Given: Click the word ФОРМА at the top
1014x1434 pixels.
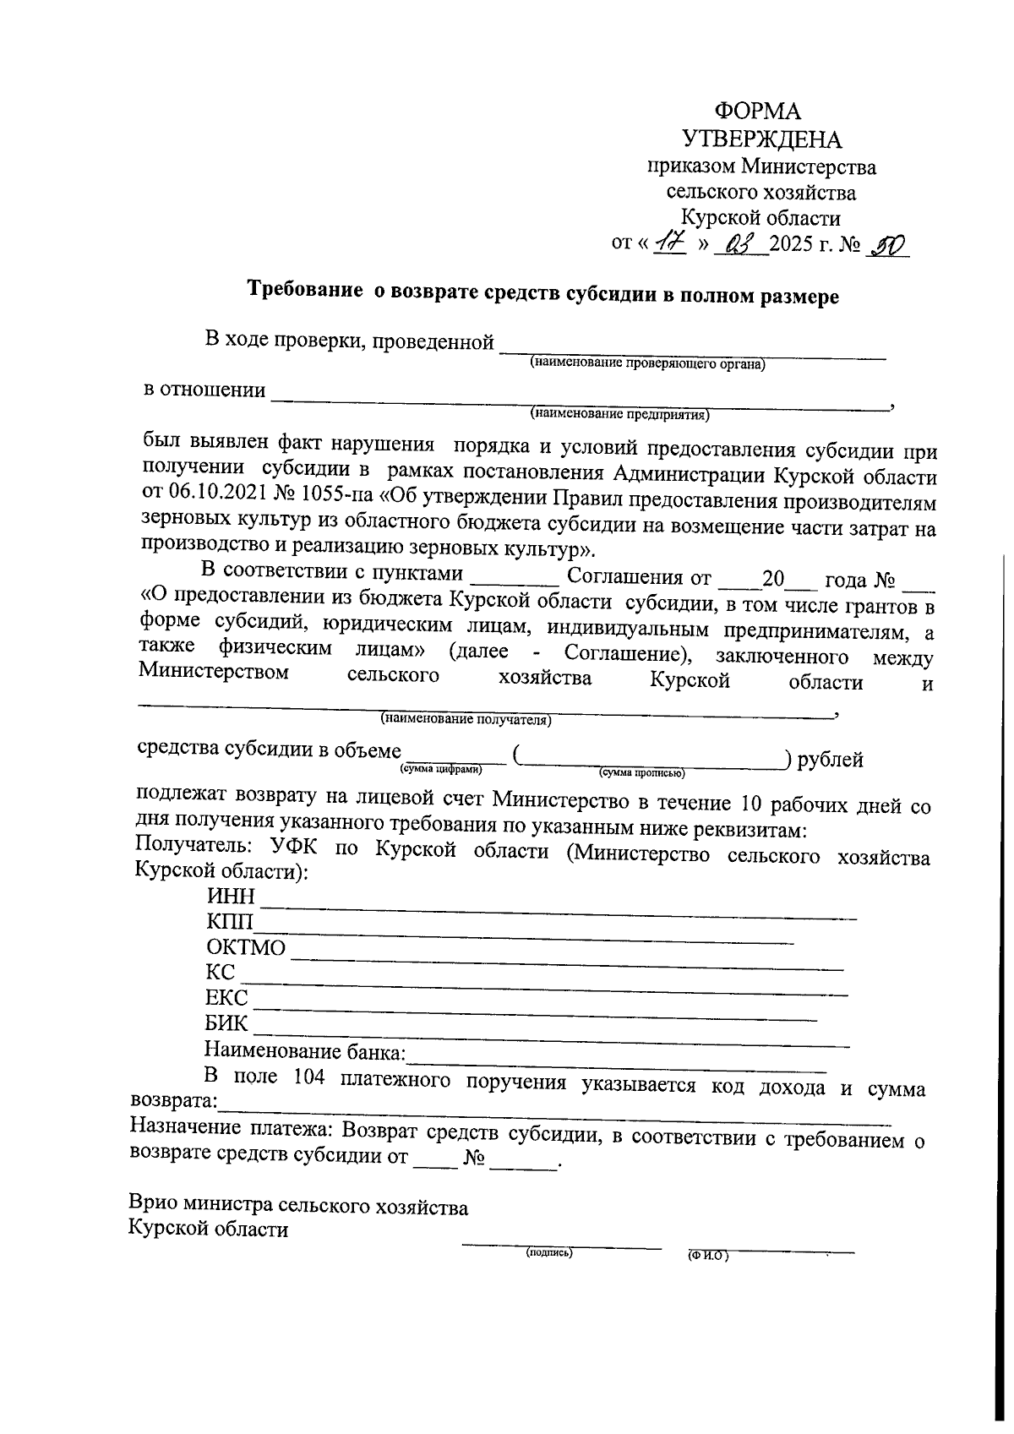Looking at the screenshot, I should pos(758,111).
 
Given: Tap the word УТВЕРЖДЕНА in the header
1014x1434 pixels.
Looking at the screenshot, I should pos(761,139).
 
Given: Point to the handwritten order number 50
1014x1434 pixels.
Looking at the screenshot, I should pos(887,245).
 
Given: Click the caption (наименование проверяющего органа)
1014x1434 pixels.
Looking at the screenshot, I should pos(647,364).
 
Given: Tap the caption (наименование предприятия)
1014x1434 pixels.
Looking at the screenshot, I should pos(620,415).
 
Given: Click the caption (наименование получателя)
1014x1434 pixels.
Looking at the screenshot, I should pos(466,720).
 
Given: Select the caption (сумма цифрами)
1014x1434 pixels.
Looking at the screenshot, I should pos(441,770).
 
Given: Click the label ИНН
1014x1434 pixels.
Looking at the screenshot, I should pos(231,897).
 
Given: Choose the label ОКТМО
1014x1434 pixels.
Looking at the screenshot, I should pos(246,947).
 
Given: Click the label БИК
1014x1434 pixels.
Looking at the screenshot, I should pos(226,1023).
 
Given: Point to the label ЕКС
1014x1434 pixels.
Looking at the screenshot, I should pos(226,998).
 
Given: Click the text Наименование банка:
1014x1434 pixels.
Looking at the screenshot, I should pos(305,1052).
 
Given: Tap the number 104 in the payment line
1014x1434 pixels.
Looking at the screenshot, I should pos(309,1078).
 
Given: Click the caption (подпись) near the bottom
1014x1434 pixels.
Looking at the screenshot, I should pos(549,1254).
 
